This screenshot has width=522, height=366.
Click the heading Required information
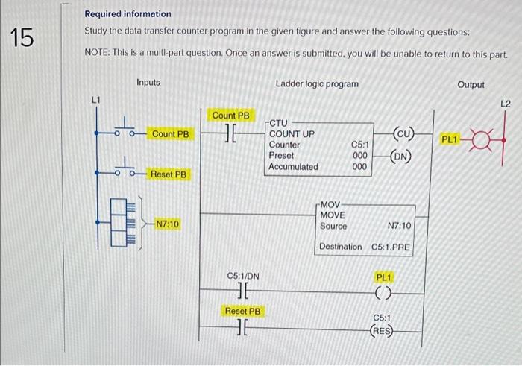pos(128,14)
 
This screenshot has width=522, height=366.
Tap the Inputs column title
pos(148,83)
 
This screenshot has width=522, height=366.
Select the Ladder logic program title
pos(317,84)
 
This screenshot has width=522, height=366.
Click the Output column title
pos(471,85)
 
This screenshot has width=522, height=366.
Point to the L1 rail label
pos(95,100)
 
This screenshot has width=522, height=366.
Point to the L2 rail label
pos(505,104)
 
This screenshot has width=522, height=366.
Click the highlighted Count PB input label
pos(171,134)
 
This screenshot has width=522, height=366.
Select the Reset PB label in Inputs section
pos(169,174)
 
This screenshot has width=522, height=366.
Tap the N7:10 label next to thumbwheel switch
pos(167,224)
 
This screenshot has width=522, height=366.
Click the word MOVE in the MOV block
pos(332,215)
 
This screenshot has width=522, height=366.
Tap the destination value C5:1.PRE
pos(391,247)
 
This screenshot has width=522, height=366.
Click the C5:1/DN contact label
pos(242,277)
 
